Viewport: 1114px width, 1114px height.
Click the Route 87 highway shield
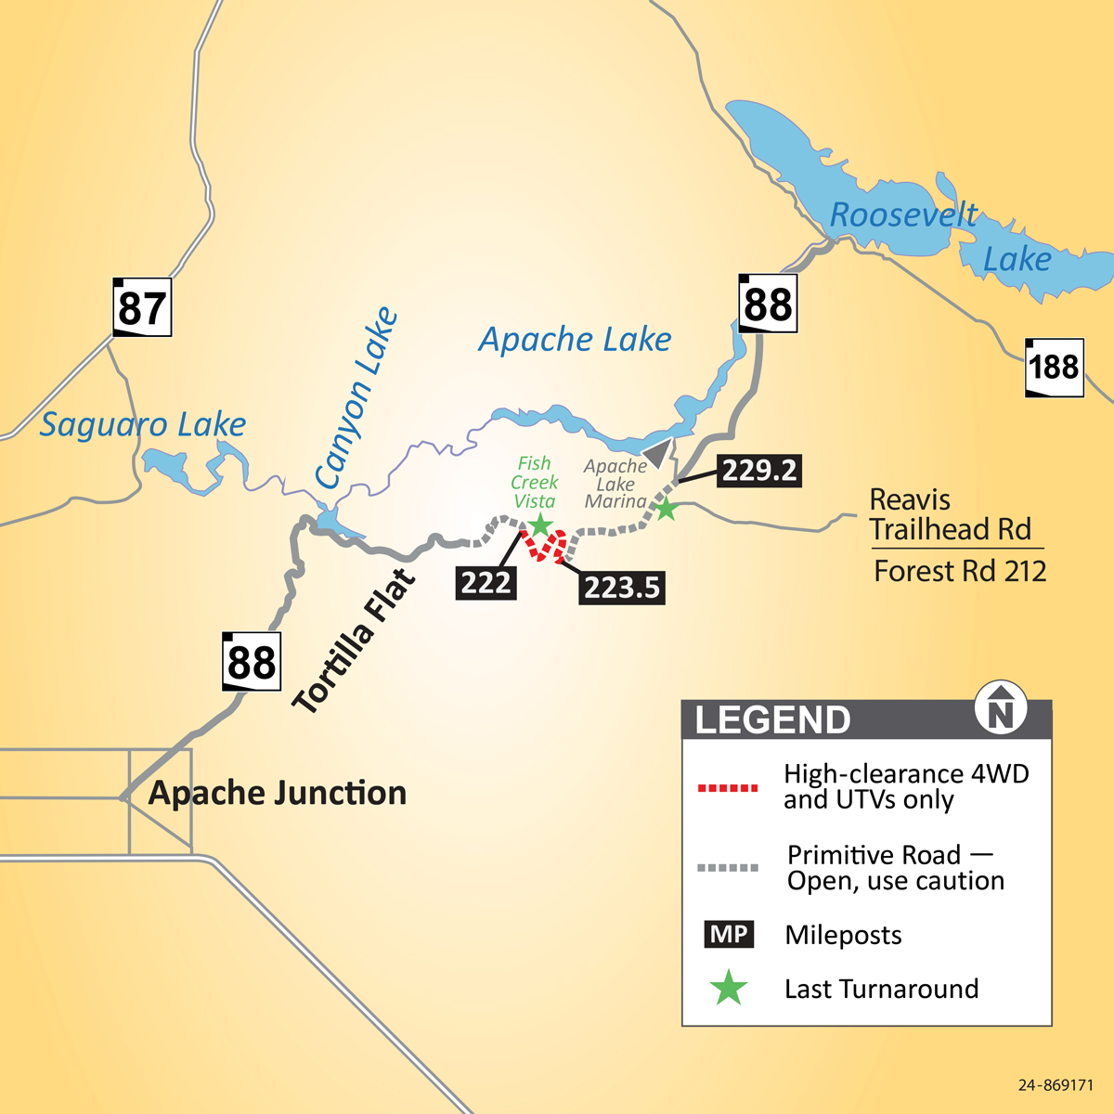(x=142, y=307)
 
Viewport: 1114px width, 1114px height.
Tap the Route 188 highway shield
(x=1055, y=368)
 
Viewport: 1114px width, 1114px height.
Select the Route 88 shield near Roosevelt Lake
(x=768, y=304)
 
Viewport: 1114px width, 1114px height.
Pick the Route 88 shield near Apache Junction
(x=252, y=662)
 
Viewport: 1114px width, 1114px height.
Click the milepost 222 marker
(x=486, y=583)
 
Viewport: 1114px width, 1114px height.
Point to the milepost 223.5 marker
(x=622, y=588)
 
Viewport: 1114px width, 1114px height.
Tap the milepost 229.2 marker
(x=759, y=471)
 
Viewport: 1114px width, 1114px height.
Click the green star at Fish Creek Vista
(x=540, y=526)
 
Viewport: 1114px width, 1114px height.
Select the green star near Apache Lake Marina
(x=666, y=509)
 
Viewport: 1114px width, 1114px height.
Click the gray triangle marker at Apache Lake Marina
(x=658, y=453)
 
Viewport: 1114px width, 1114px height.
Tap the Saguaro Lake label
(x=143, y=425)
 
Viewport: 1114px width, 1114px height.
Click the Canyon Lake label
(x=356, y=398)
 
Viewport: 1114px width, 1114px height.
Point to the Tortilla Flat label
(x=353, y=642)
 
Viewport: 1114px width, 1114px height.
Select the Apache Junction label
(x=278, y=793)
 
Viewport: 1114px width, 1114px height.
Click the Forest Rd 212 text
(x=960, y=571)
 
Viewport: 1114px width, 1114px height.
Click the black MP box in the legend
(x=729, y=935)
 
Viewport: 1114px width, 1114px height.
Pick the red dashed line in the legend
(x=728, y=788)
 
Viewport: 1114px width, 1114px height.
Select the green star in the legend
(x=729, y=989)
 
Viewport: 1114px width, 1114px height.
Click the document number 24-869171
(x=1056, y=1085)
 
